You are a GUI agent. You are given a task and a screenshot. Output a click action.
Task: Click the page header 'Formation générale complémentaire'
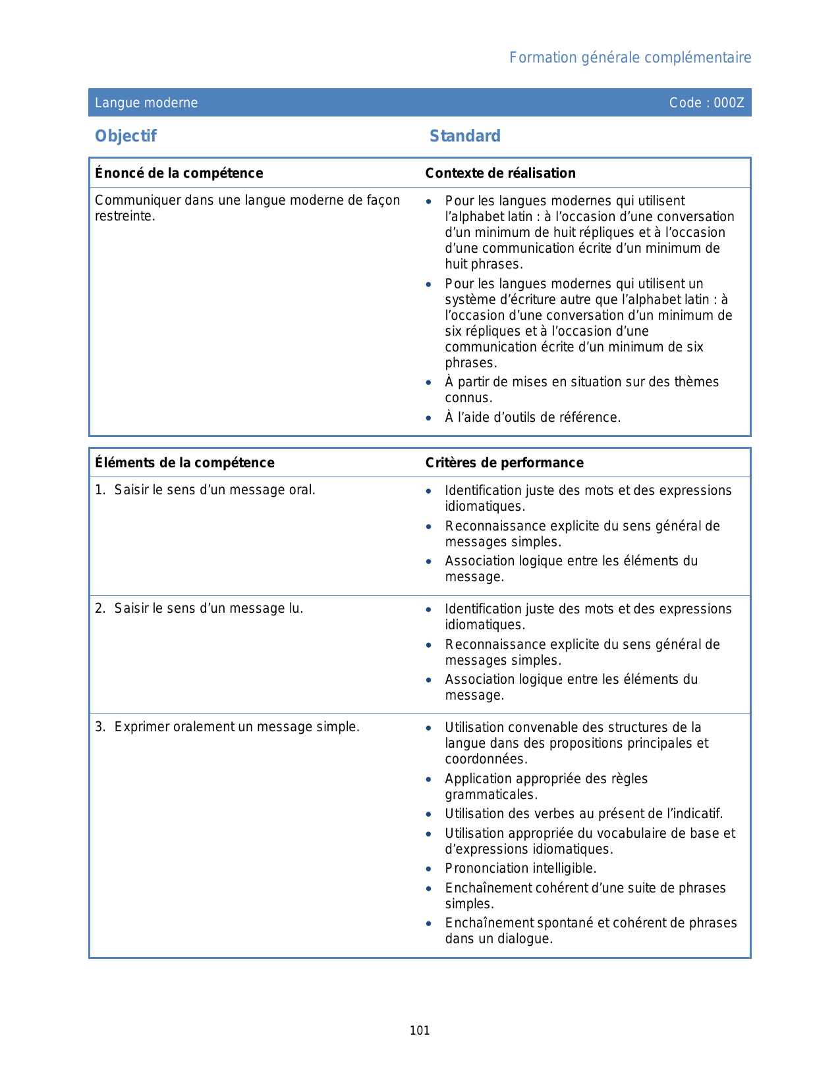630,58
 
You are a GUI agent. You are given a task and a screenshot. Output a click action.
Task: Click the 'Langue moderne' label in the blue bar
146,103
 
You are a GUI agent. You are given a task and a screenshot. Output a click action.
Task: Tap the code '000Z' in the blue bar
729,103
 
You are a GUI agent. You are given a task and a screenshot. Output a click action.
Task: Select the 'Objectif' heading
126,136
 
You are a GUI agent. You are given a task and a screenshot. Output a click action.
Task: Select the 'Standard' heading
464,136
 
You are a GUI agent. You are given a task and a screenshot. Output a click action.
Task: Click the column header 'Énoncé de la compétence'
179,173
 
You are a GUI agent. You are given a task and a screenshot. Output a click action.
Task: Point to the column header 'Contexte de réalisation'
500,173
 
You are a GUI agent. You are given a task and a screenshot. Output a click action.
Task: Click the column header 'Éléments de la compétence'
184,463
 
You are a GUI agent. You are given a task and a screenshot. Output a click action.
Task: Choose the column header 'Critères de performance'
504,463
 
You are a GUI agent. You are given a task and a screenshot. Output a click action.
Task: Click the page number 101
420,1031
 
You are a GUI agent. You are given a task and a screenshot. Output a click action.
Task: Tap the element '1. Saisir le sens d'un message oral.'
205,490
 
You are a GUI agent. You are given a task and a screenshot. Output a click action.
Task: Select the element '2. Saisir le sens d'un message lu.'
199,609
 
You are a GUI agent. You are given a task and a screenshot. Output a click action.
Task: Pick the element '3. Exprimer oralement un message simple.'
227,727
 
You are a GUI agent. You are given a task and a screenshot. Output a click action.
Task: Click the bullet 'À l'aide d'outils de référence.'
532,417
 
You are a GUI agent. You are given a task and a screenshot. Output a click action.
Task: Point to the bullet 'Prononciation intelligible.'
520,869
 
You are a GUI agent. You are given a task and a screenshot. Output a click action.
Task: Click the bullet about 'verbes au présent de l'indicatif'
584,814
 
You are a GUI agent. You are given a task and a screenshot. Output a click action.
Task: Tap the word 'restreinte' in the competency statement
124,217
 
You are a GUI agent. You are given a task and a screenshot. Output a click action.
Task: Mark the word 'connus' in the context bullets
467,398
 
